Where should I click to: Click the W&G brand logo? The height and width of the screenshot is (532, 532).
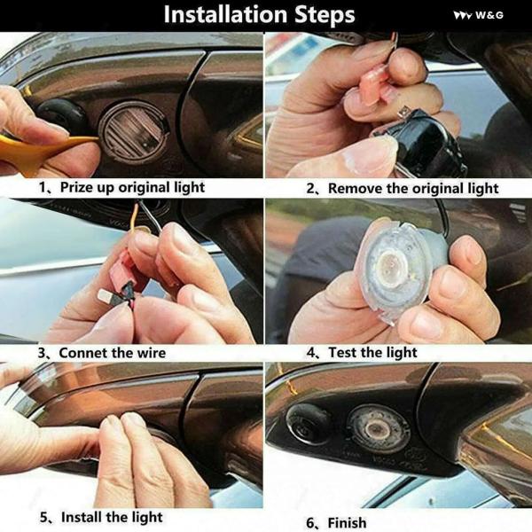479,15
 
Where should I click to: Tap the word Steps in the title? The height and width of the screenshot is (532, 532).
325,16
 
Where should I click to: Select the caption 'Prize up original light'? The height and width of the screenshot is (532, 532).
132,188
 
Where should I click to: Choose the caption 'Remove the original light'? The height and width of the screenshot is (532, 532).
413,189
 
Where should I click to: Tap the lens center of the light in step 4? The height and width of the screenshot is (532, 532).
391,263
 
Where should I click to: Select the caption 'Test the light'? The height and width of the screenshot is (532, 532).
372,353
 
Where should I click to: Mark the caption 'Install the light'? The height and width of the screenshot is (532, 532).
112,518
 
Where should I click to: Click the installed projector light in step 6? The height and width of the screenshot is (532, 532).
378,428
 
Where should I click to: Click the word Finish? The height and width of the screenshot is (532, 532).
347,523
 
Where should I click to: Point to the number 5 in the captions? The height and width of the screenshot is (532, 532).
43,518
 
